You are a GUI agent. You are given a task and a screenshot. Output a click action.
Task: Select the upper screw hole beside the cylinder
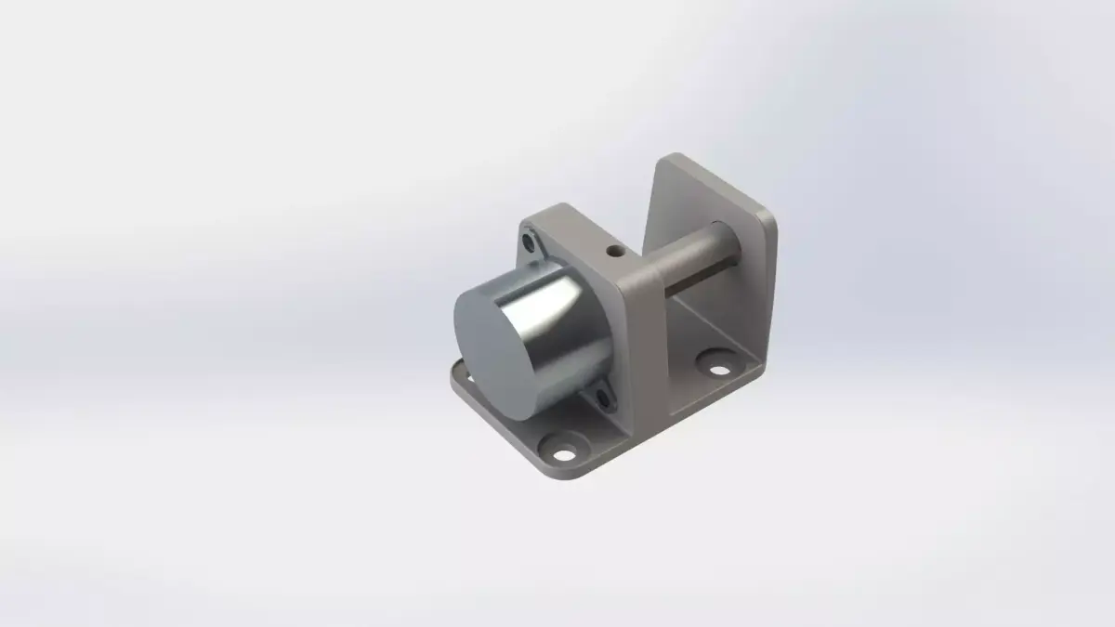(x=530, y=243)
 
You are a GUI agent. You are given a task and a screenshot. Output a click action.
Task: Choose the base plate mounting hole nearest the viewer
(x=561, y=453)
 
